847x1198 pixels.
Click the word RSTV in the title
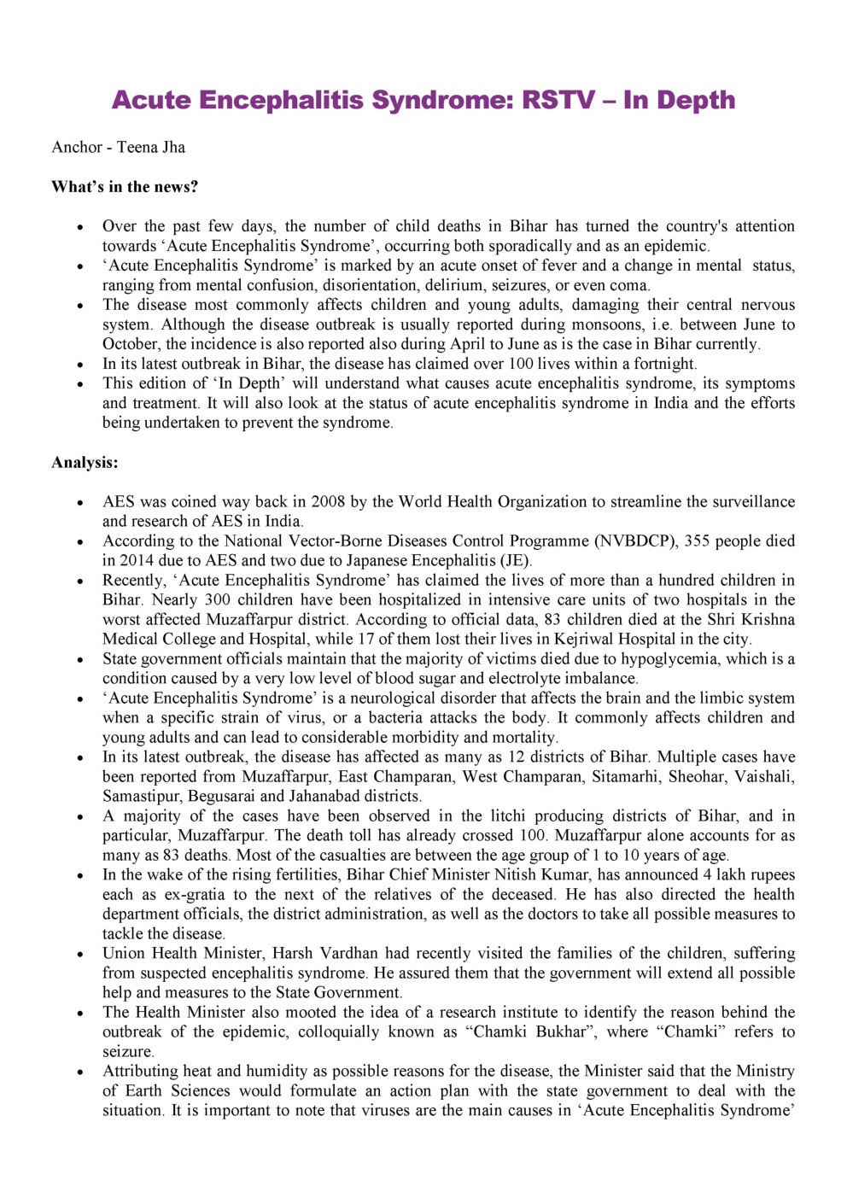coord(558,100)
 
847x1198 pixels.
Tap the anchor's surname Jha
coord(173,147)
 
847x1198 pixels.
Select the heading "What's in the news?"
coord(125,186)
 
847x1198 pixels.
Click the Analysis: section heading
coord(85,462)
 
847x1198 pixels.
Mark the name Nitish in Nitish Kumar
coord(511,874)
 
